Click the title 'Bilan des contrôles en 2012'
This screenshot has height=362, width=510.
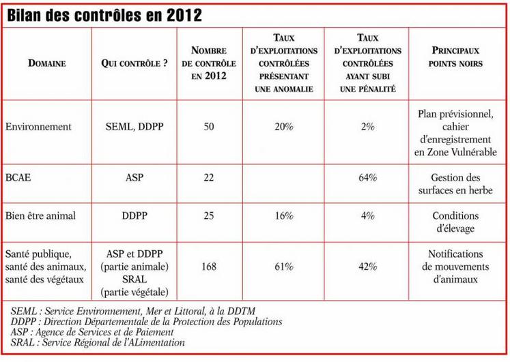coord(104,16)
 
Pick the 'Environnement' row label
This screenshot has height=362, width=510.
coord(38,127)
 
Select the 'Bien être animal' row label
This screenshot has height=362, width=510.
coord(40,215)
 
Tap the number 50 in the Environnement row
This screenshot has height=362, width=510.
coord(209,127)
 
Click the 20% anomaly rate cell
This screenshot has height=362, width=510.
coord(284,127)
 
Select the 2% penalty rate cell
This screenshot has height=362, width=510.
coord(368,127)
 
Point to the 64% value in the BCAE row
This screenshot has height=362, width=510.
coord(368,177)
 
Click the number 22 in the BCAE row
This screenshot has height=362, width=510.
coord(209,177)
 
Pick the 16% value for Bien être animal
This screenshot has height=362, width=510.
coord(284,215)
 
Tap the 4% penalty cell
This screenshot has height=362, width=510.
coord(368,215)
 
